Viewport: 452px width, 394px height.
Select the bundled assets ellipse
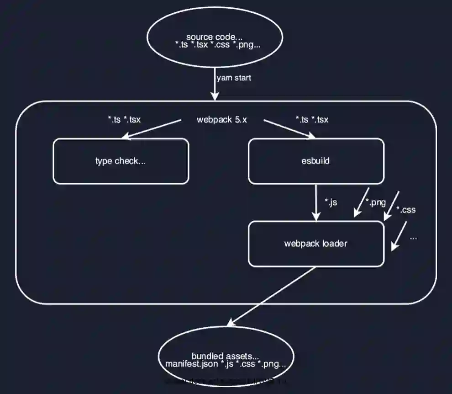click(226, 359)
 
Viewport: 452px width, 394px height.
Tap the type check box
click(121, 161)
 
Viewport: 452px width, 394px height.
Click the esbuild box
click(315, 161)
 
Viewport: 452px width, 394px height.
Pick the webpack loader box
click(315, 243)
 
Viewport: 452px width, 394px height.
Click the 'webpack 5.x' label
click(222, 120)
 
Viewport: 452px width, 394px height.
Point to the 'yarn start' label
click(234, 78)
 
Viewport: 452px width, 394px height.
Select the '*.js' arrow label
click(331, 202)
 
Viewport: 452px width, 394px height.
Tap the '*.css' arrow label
click(406, 210)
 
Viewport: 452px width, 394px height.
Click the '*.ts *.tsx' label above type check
click(124, 120)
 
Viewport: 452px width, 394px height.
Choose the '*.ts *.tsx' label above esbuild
click(312, 120)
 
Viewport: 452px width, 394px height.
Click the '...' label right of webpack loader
click(413, 238)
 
